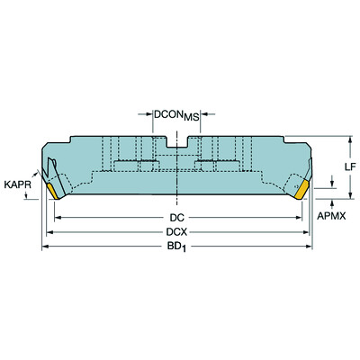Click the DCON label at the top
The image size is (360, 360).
168,114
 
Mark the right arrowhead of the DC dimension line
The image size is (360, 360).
301,216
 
